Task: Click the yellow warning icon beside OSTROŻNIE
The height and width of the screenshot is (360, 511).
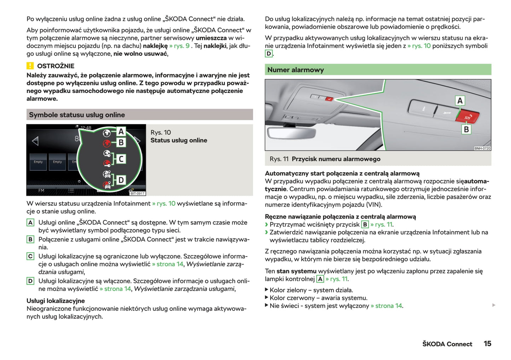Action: [30, 66]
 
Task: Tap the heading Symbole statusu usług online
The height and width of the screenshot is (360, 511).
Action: [77, 115]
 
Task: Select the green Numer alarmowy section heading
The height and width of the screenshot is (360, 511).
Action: [295, 70]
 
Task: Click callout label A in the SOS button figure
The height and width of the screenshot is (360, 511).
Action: [460, 101]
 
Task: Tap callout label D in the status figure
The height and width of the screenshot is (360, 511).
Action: [121, 180]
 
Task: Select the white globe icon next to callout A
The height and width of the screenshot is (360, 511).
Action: [106, 133]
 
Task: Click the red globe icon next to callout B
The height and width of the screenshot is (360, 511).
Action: [106, 143]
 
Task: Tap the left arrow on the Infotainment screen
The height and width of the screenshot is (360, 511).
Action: [35, 141]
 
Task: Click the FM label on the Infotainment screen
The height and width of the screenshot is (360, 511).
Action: [41, 190]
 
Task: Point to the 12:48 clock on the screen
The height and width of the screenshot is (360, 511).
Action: [86, 128]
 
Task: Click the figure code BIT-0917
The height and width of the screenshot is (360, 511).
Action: [138, 194]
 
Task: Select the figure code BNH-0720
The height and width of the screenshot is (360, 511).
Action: [482, 148]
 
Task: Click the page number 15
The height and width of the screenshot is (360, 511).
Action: [487, 343]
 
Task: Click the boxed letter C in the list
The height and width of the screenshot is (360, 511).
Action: [30, 256]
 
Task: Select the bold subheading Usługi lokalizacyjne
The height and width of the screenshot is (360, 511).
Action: [56, 301]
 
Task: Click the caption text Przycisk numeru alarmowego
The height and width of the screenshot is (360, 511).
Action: [336, 159]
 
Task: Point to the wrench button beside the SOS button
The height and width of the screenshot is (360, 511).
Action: [446, 113]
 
